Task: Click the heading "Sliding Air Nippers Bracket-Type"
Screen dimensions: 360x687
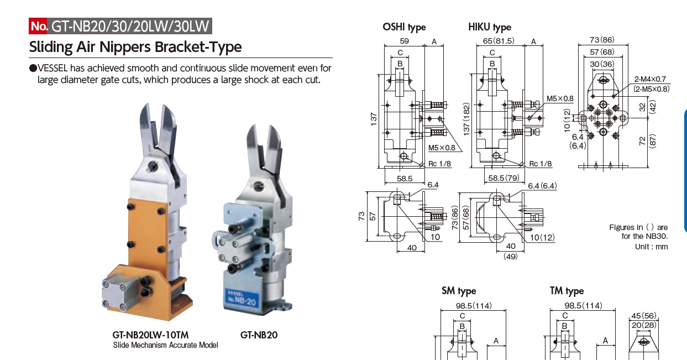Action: coord(135,46)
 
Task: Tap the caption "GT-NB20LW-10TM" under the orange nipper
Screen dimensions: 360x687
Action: coord(150,335)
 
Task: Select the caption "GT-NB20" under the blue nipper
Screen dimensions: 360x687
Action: coord(259,335)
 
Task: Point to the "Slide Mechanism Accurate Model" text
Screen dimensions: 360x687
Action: coord(165,345)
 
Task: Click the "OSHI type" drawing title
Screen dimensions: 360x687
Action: coord(404,27)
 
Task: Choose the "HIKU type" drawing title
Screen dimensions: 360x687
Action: coord(489,27)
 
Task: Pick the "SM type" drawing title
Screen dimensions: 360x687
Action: coord(458,291)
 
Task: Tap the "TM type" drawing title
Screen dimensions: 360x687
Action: coord(567,291)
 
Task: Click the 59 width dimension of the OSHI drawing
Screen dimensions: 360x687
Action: coord(404,41)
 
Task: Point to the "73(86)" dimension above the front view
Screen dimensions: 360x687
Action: coord(602,40)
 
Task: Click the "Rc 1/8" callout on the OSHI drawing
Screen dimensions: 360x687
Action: coord(439,164)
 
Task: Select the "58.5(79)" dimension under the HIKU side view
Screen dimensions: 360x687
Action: coord(502,178)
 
